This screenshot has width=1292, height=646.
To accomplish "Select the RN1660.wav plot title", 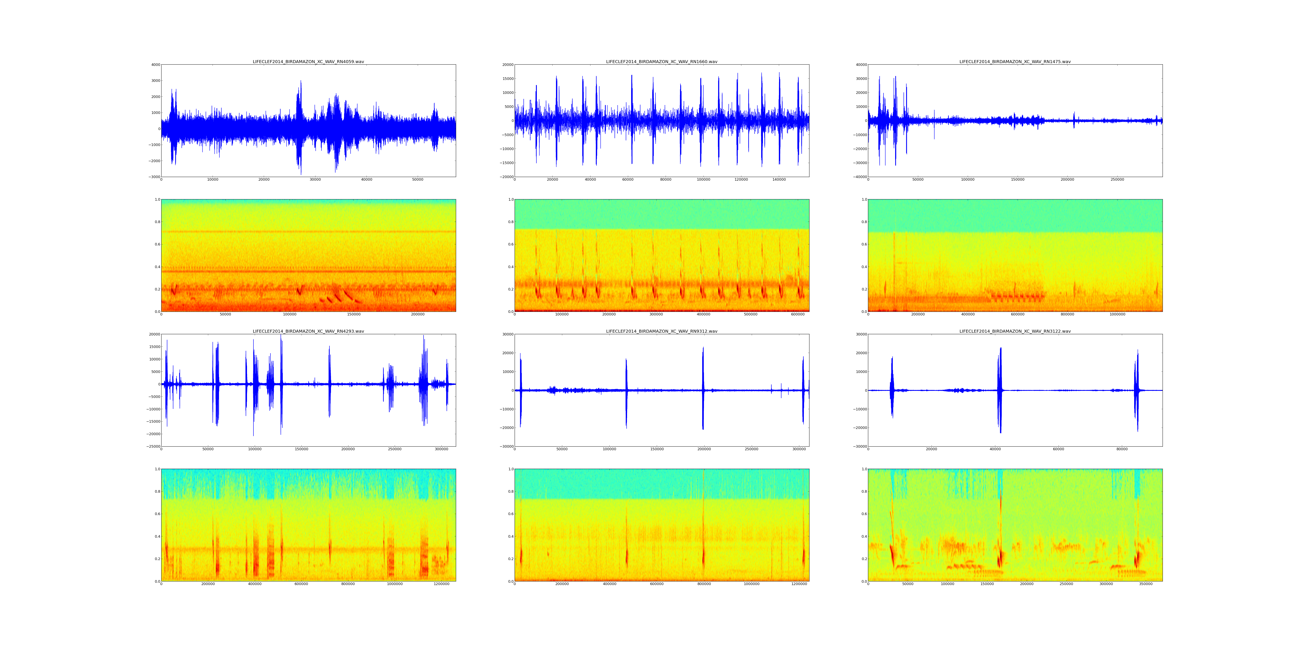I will pyautogui.click(x=662, y=62).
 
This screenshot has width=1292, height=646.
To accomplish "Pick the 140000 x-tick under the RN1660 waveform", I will pyautogui.click(x=779, y=180).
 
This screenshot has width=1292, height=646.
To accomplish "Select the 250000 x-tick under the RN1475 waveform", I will pyautogui.click(x=1117, y=180).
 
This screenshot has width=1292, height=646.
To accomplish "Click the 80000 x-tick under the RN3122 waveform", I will pyautogui.click(x=1122, y=449).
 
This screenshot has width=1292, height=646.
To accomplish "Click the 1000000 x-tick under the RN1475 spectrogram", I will pyautogui.click(x=1117, y=314).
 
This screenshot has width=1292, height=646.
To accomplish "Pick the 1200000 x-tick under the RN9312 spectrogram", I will pyautogui.click(x=798, y=584).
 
